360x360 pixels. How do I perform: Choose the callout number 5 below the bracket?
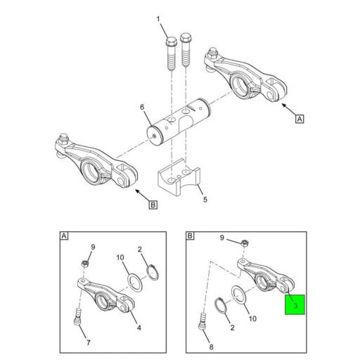pyautogui.click(x=205, y=199)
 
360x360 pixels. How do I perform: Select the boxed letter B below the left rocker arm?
pyautogui.click(x=153, y=206)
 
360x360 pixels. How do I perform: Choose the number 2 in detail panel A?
pyautogui.click(x=141, y=249)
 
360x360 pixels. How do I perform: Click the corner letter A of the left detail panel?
pyautogui.click(x=65, y=237)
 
